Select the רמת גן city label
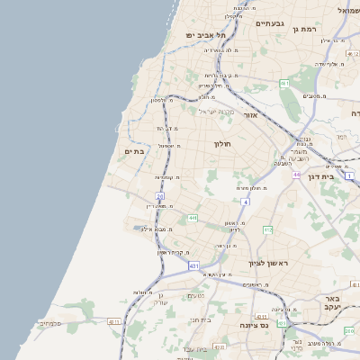[307, 30]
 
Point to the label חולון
[222, 144]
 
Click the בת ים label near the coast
[134, 152]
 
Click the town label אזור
[251, 115]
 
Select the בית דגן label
[339, 177]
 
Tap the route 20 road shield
[160, 195]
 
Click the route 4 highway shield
[245, 202]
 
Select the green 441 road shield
[192, 218]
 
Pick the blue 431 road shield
[193, 266]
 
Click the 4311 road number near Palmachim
[114, 321]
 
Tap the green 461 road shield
[284, 83]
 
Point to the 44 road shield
[295, 175]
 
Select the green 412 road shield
[267, 230]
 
